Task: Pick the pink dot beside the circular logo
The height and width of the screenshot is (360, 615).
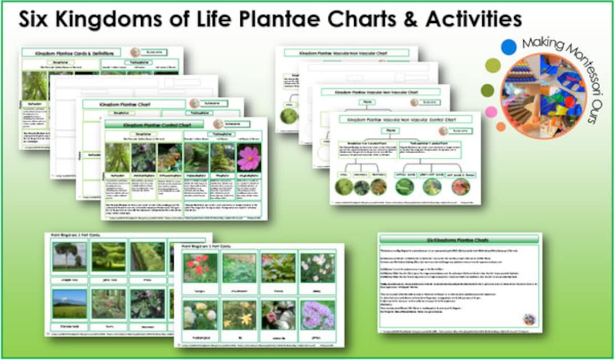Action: point(491,112)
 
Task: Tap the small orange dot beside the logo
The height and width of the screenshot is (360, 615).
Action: point(501,126)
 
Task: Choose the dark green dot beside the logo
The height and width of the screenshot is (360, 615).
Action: point(487,90)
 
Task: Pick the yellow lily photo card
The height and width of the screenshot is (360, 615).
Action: point(239,314)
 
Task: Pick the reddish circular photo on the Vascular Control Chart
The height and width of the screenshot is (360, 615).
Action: point(460,186)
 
